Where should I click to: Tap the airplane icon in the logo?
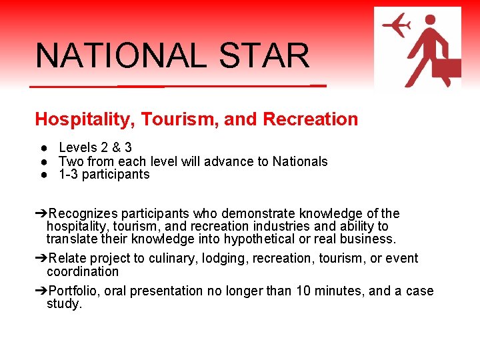396,27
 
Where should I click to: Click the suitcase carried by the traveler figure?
445,70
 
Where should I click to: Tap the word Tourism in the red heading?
181,119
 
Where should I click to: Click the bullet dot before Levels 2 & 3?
42,147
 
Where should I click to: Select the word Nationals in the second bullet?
300,161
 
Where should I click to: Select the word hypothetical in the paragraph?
259,239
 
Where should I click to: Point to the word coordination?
83,272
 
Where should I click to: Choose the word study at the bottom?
64,305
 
